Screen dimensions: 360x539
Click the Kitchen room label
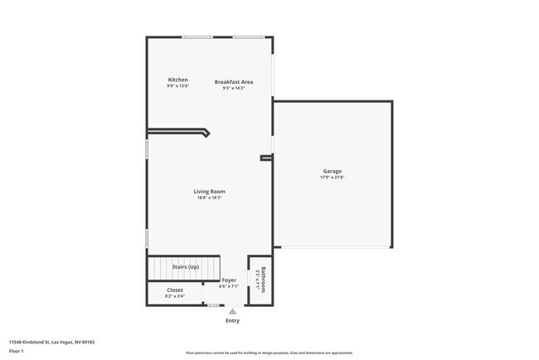coord(178,80)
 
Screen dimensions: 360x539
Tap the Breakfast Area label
coord(234,82)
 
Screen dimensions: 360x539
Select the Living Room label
coord(210,192)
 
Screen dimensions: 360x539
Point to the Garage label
coord(333,172)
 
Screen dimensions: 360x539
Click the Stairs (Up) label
coord(185,267)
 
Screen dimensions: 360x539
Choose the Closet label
coord(175,289)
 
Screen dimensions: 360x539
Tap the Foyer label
coord(229,280)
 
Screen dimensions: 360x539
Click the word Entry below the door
coord(233,321)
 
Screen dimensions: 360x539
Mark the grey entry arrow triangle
coord(232,312)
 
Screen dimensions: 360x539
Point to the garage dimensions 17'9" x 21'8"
coord(333,178)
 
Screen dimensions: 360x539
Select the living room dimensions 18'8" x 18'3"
coord(210,198)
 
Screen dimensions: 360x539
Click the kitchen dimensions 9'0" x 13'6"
coord(178,86)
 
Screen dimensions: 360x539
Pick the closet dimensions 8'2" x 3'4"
coord(175,295)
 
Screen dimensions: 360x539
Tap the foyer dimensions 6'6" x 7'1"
coord(229,286)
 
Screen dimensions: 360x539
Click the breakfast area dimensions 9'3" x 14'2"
coord(234,89)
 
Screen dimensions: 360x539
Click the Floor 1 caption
coord(17,351)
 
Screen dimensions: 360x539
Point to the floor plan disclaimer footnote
coord(269,353)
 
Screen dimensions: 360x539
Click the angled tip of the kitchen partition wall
coord(206,132)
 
